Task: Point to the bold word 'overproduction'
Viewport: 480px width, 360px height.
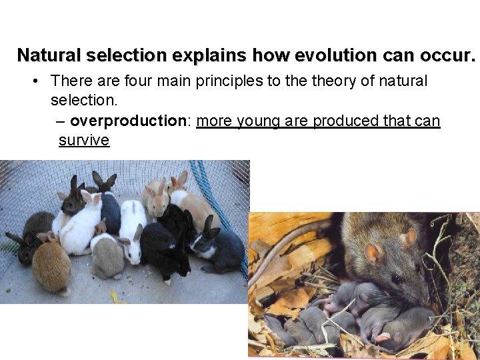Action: pos(127,121)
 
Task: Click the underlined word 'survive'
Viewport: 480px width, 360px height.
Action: pos(83,140)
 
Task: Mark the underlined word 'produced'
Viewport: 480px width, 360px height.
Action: pos(346,121)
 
